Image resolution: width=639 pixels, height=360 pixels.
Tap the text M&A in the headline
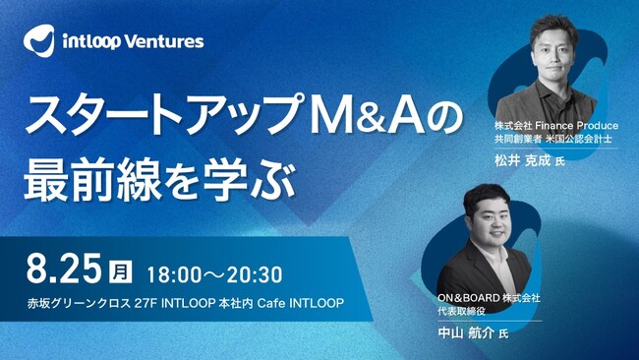point(371,116)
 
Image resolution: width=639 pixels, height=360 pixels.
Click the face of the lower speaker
point(493,215)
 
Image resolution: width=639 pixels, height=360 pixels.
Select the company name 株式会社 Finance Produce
point(555,126)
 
